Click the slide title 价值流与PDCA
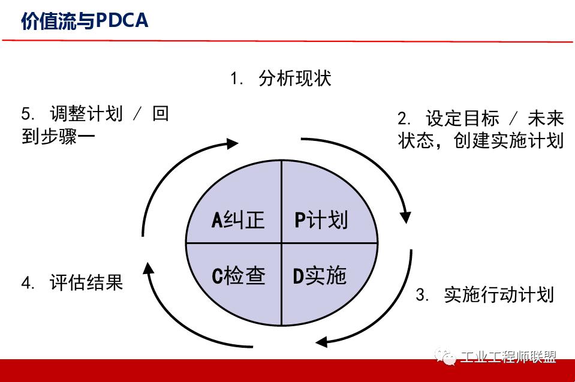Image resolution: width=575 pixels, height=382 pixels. click(85, 21)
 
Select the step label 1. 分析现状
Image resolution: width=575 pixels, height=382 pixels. click(281, 79)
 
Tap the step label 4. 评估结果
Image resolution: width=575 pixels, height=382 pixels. click(72, 282)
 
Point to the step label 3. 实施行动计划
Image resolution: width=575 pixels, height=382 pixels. click(484, 294)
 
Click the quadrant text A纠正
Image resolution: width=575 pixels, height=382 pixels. click(238, 219)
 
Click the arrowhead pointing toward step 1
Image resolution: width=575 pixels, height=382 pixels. click(233, 143)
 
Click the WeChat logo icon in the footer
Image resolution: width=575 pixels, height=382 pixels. click(445, 357)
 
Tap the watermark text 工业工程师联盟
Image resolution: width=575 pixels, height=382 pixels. click(508, 357)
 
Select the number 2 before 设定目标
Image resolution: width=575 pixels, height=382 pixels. click(403, 118)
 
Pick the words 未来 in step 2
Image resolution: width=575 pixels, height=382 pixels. click(546, 118)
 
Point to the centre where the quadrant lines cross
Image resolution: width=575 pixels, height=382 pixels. click(281, 243)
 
